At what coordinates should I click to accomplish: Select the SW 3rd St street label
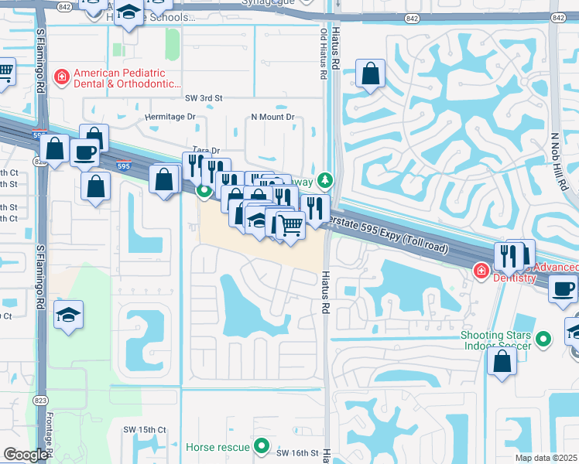pos(204,99)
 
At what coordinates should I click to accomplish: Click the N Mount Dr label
pos(272,118)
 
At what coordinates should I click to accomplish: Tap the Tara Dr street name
pos(206,151)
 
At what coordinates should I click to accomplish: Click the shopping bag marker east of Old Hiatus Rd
pos(372,74)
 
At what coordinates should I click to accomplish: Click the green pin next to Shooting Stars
pos(543,339)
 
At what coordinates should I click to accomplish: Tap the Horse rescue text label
pos(218,447)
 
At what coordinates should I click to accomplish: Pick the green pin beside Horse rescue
pos(262,445)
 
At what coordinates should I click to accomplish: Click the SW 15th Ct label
pos(145,429)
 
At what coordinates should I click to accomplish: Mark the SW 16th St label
pos(298,452)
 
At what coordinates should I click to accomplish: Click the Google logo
pos(26,455)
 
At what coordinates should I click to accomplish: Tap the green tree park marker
pos(326,181)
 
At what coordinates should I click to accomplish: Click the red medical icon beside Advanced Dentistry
pos(480,271)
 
